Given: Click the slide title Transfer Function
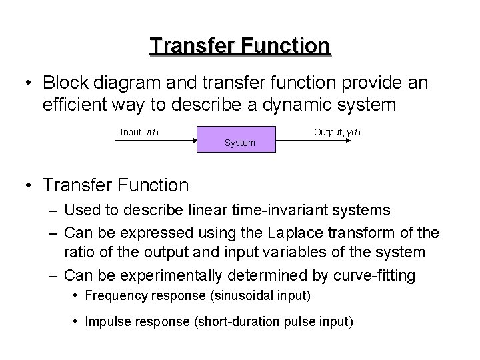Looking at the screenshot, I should click(x=240, y=45).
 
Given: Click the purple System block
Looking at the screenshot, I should click(x=239, y=138).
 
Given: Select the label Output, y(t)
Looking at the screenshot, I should click(x=337, y=132).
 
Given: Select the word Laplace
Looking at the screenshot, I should click(x=277, y=231).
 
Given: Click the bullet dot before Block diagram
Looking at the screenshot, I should click(x=27, y=83).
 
